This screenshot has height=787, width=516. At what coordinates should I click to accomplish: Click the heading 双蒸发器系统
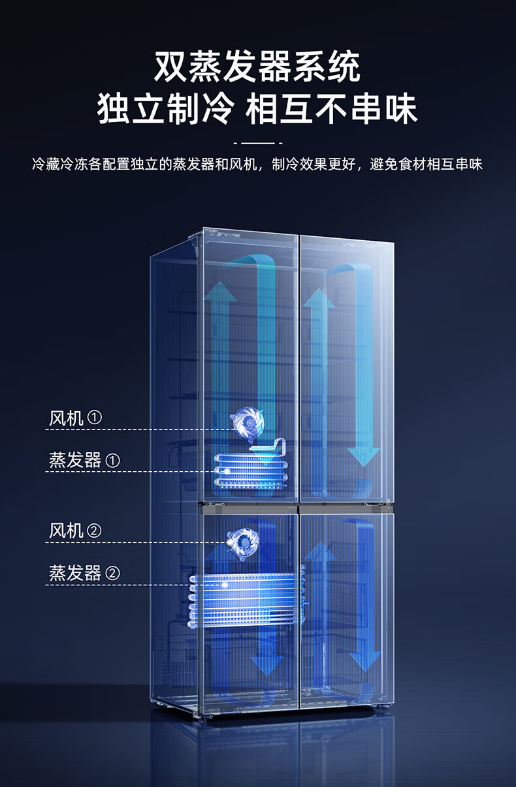(x=257, y=68)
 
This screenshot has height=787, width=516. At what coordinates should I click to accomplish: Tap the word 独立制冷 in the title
(x=165, y=108)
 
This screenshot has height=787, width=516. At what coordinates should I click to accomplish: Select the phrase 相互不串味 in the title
(x=332, y=108)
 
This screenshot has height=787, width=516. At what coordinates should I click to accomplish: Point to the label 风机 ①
(x=75, y=418)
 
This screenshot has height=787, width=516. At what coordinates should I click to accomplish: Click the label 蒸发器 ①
(x=84, y=461)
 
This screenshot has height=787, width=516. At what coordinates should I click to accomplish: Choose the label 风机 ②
(x=75, y=531)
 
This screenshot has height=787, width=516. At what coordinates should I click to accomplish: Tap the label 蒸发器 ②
(x=84, y=574)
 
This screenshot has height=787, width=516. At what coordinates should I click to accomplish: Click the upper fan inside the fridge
(x=248, y=422)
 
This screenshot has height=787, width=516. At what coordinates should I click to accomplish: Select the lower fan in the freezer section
(x=243, y=541)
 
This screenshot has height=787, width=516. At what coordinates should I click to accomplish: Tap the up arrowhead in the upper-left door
(x=220, y=292)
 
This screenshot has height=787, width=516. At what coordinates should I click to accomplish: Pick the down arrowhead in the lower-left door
(x=267, y=666)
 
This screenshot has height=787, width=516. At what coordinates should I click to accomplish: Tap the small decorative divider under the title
(x=257, y=142)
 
